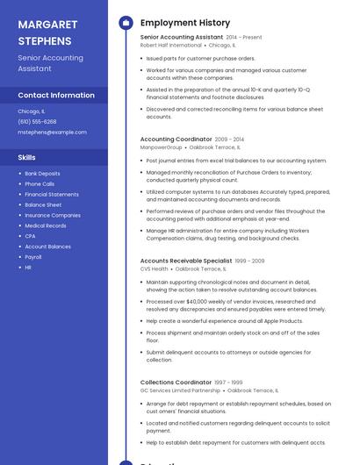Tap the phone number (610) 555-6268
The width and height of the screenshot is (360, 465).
click(37, 122)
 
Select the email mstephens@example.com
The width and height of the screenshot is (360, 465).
click(52, 132)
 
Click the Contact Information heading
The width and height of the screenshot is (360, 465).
click(56, 95)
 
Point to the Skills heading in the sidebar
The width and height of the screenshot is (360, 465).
click(27, 157)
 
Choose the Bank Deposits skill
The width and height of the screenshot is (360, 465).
click(42, 174)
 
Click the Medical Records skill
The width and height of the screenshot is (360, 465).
click(46, 225)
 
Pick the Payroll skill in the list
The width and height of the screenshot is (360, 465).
click(33, 257)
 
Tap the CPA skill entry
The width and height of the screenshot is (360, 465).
click(30, 236)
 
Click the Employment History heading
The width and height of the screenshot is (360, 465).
click(185, 23)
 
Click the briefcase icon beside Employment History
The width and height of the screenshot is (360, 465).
click(126, 23)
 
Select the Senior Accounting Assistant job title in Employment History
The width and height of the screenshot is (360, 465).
click(181, 38)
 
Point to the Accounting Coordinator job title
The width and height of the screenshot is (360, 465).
click(176, 139)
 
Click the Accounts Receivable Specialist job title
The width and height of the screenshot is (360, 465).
click(186, 261)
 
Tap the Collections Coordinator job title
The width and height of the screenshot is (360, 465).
click(176, 383)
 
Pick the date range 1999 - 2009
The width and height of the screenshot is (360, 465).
click(250, 261)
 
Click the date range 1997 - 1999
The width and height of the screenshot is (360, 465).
click(229, 383)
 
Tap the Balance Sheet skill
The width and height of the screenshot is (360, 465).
click(43, 204)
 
